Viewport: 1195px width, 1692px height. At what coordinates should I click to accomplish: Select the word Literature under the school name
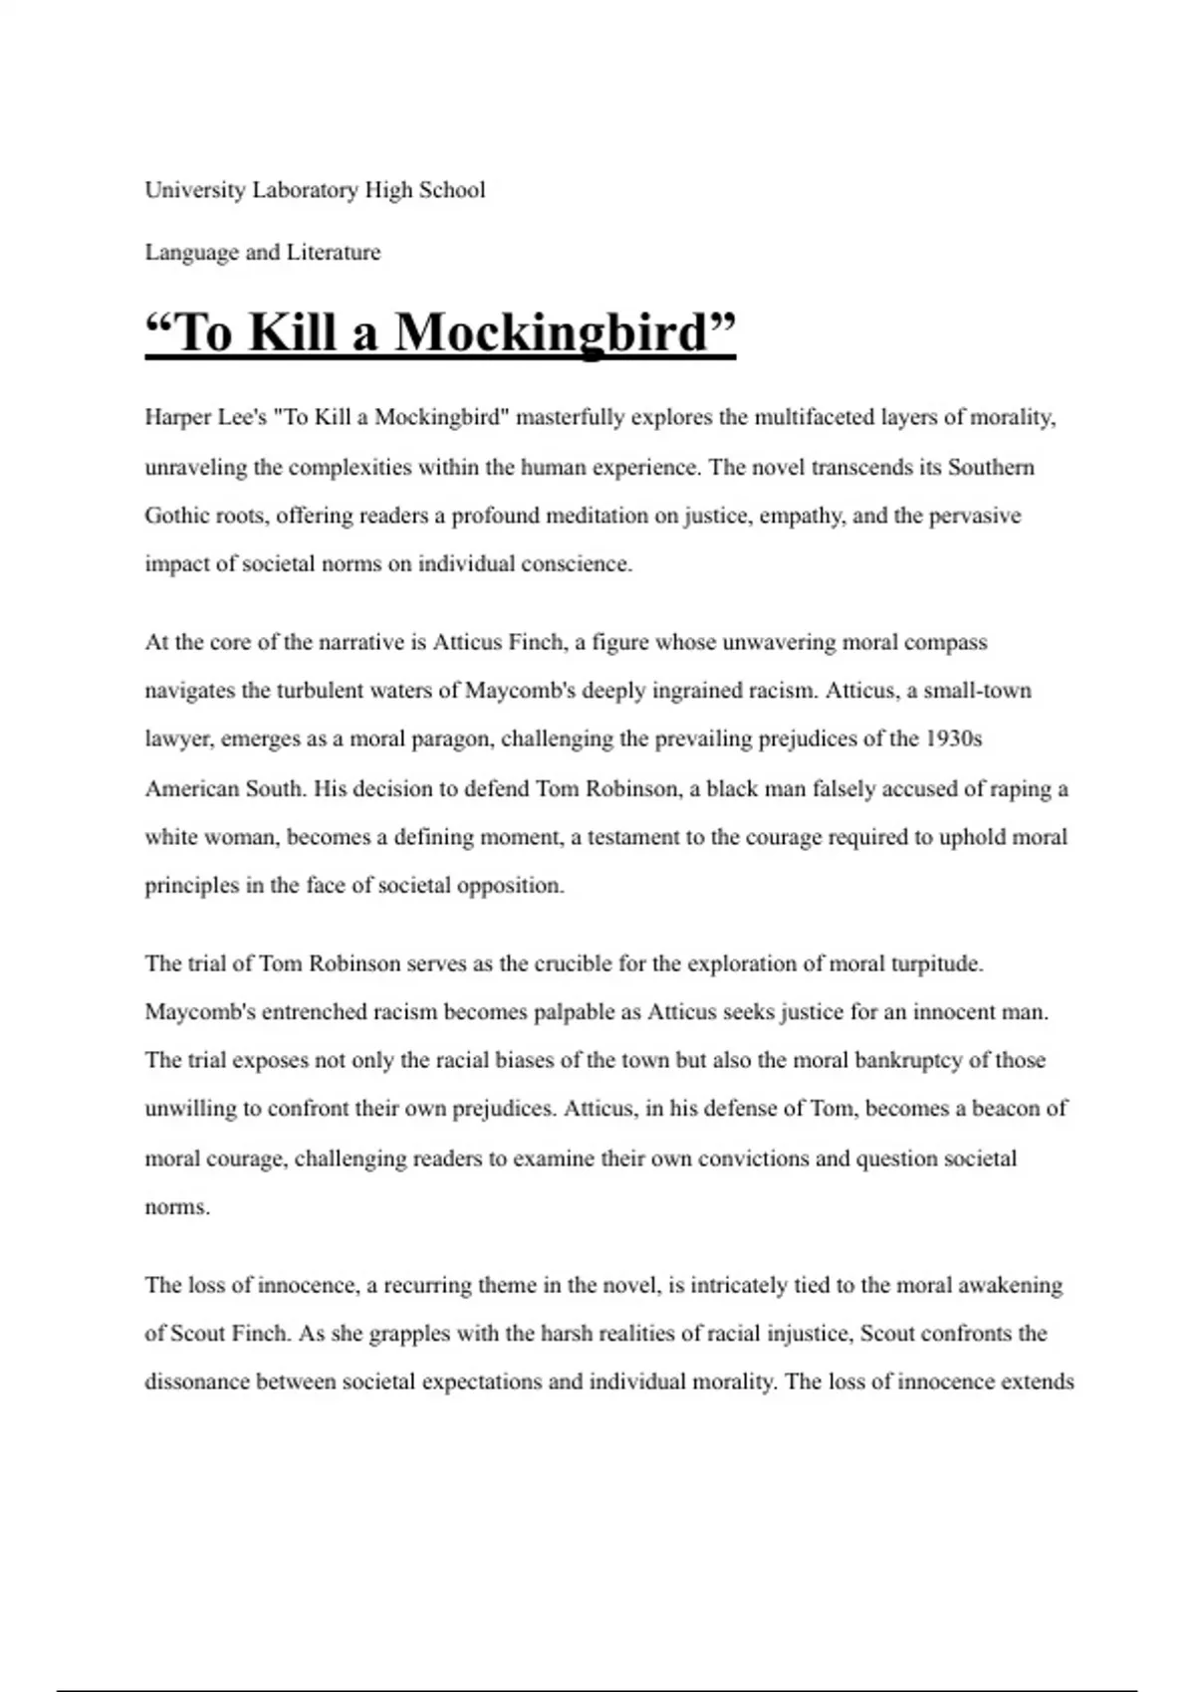pos(334,253)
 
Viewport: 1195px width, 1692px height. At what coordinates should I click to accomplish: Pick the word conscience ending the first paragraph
pos(578,564)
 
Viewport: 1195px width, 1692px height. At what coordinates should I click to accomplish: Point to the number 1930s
pos(954,740)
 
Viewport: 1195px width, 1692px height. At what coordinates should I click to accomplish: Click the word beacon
pos(1006,1109)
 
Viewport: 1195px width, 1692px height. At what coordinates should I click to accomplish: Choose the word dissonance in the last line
pos(197,1382)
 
